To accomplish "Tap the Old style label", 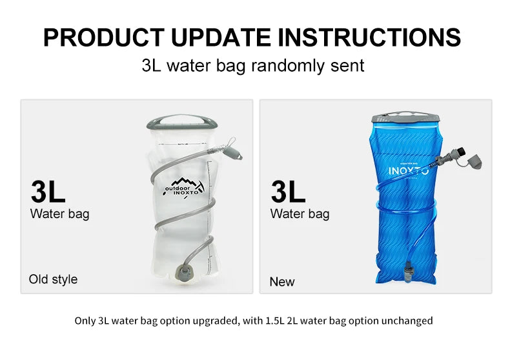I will point(53,279).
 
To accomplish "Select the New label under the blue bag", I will point(281,282).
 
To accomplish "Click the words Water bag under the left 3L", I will point(59,214).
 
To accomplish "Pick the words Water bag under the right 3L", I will point(300,214).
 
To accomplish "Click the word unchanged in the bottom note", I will point(407,321).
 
